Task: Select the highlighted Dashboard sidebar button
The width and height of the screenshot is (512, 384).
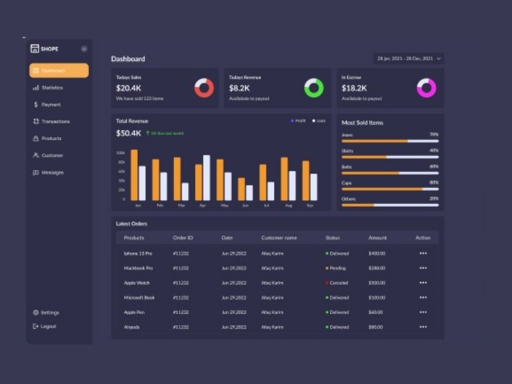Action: point(59,71)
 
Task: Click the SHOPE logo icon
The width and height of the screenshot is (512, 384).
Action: point(35,49)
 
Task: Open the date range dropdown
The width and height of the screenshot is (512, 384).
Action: point(408,59)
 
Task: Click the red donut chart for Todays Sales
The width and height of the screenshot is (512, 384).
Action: point(204,88)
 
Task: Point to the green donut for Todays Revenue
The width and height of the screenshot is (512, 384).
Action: point(314,88)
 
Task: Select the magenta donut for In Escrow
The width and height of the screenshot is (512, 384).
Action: point(426,88)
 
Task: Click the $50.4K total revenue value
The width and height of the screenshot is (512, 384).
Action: point(129,134)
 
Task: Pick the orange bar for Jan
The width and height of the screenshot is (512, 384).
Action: point(134,175)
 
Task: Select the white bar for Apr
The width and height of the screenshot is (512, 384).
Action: point(206,178)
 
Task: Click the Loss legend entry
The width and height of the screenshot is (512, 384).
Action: point(319,121)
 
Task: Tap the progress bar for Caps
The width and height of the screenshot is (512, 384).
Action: point(390,189)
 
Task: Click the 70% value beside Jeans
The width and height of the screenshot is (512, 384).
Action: point(434,135)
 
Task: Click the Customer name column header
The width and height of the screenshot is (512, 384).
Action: point(279,238)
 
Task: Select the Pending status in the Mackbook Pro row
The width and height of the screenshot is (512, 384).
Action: point(337,268)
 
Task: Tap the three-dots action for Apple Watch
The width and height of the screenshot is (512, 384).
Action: point(423,283)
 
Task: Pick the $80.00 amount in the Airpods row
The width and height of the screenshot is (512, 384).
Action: point(376,327)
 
